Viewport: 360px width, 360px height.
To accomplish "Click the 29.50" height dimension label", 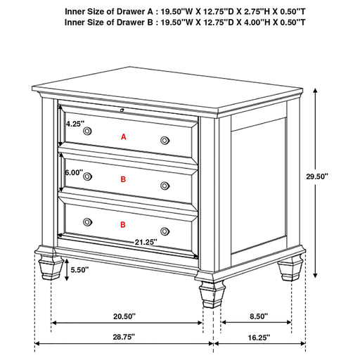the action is point(317,176).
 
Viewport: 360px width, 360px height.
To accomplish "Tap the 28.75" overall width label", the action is point(124,337).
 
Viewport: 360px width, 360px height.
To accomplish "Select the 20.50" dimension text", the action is point(124,316).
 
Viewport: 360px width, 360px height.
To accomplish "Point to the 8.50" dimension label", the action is point(259,316).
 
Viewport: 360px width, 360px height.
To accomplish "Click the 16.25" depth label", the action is point(259,337).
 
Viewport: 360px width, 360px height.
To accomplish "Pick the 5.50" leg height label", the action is point(79,270).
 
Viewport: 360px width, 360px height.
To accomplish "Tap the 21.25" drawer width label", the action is point(146,242).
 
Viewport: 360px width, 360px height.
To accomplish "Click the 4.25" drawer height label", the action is point(75,124).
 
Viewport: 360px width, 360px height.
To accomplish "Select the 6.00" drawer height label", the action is point(74,173).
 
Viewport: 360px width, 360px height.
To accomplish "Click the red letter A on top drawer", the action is point(124,137).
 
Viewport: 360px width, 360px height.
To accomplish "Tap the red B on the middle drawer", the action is point(123,179).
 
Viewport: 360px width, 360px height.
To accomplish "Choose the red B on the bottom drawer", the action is point(123,225).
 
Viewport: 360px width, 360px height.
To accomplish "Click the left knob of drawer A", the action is point(87,131).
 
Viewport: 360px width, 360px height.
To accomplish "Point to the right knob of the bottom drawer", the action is point(165,231).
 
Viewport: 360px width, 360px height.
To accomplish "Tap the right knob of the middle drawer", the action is point(165,186).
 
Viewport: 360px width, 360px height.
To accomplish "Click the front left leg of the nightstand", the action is point(51,267).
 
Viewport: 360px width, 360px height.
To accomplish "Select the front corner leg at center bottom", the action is point(212,294).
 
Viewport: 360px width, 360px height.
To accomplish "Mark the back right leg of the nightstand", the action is point(290,269).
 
